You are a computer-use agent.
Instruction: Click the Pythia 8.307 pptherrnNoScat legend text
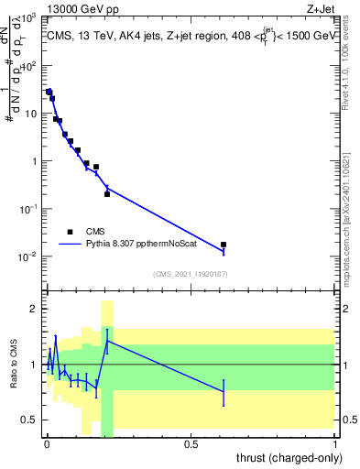[146, 245]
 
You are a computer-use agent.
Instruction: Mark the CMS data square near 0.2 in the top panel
[107, 194]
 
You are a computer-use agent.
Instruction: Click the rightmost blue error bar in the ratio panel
[224, 391]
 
